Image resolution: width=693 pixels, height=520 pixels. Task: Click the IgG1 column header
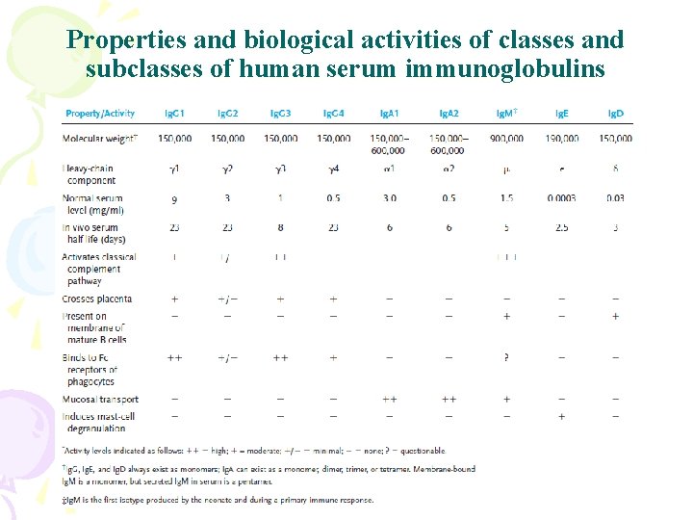tap(174, 114)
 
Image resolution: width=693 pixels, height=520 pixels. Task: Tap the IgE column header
tap(561, 114)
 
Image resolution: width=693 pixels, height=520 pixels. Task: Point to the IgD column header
tap(615, 114)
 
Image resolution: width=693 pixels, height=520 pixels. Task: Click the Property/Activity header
tap(100, 114)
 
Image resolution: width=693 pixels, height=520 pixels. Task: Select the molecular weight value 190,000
tap(561, 139)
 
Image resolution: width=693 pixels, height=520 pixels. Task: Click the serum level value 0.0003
tap(561, 198)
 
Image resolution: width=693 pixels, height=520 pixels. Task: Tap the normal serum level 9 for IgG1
tap(174, 198)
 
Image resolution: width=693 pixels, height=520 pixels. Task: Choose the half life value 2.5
tap(561, 228)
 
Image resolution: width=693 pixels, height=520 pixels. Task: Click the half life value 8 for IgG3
tap(280, 228)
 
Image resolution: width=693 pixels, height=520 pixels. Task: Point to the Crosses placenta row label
tap(97, 299)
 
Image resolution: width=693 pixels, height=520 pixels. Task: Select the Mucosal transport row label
tap(100, 399)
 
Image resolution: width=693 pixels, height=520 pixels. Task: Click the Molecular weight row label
tap(100, 139)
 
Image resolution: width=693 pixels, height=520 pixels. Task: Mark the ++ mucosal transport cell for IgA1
tap(390, 399)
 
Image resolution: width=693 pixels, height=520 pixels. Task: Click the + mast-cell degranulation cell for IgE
tap(561, 416)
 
